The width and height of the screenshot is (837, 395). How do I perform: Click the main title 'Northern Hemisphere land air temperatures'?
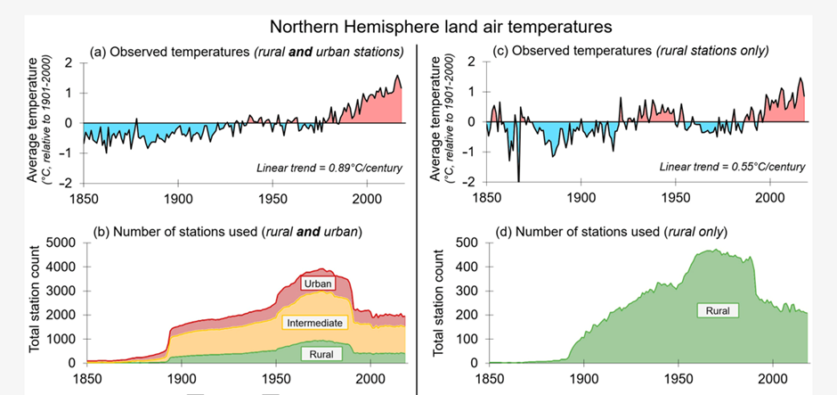click(x=418, y=27)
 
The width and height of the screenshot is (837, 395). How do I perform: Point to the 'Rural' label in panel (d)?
click(x=712, y=310)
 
